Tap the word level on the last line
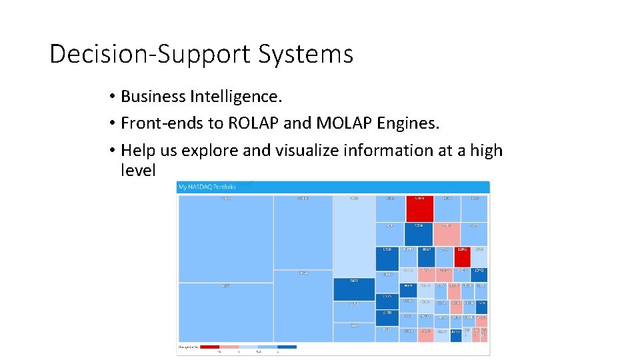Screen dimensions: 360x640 coord(137,171)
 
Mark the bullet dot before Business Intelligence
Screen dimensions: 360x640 coord(113,97)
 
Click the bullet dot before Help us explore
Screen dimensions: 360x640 coord(113,151)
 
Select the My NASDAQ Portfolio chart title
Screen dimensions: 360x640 coord(207,187)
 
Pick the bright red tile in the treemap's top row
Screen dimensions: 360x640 coord(419,208)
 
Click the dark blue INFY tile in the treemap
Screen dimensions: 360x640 coord(353,289)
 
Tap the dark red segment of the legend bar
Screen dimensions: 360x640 coord(209,347)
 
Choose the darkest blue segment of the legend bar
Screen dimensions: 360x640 coord(287,347)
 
